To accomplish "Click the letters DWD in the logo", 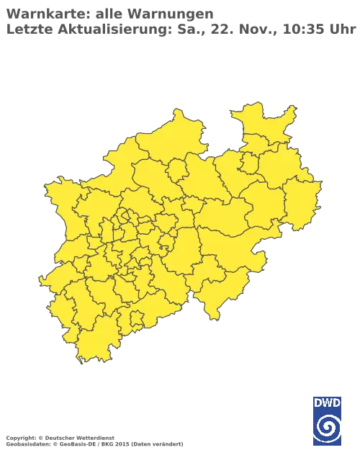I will tap(327, 401).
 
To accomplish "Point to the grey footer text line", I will tap(94, 438).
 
